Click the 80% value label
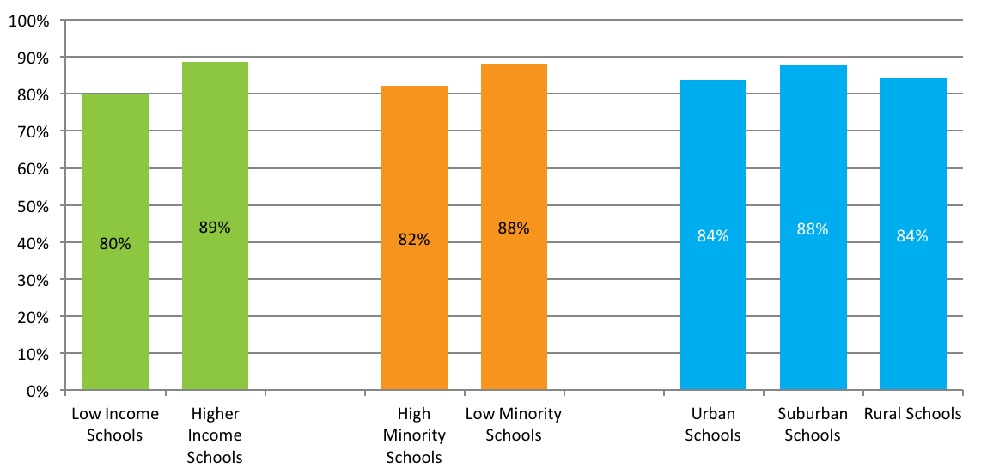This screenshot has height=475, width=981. pos(115,244)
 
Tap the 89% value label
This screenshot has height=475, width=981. pos(215,228)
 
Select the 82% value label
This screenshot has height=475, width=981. pos(414,240)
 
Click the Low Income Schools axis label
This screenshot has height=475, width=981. pos(115,424)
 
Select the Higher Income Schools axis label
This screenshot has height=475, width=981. pos(215,435)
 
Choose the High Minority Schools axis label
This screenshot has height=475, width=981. pos(414,435)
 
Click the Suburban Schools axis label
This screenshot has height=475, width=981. pos(813,424)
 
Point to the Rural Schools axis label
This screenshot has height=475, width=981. pos(912,414)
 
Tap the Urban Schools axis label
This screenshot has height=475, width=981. pos(713,424)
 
